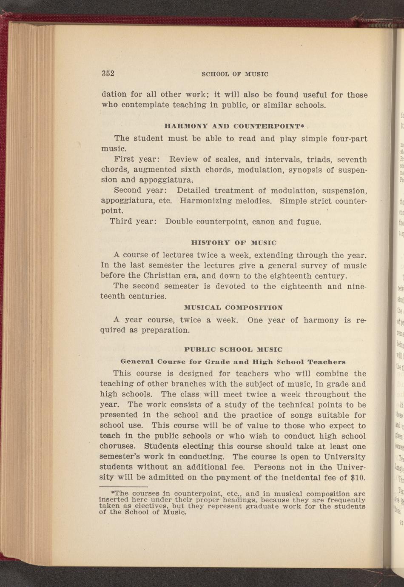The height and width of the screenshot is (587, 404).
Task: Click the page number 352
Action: (108, 73)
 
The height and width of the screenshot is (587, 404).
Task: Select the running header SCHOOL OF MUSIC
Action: (235, 74)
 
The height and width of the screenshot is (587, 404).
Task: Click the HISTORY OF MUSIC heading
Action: (234, 243)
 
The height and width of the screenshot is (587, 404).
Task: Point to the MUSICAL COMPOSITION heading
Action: (233, 308)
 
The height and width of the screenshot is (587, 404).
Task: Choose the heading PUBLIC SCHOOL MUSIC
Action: (233, 350)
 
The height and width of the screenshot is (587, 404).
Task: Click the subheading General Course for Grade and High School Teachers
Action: (233, 362)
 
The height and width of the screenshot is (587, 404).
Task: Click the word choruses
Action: (117, 447)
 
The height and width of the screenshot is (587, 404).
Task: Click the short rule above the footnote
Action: (123, 475)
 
